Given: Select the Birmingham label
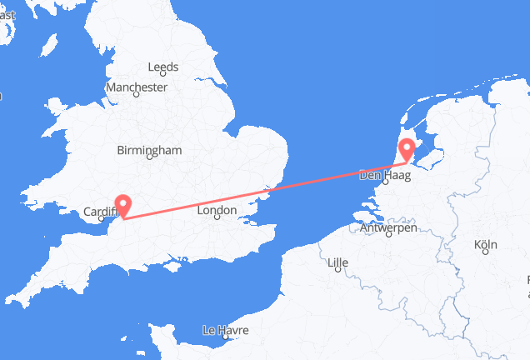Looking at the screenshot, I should pyautogui.click(x=150, y=151).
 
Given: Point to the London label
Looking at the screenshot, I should pyautogui.click(x=218, y=212).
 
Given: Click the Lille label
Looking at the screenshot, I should pyautogui.click(x=337, y=263).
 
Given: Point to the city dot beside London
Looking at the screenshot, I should pyautogui.click(x=218, y=223).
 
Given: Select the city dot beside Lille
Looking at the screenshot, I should pyautogui.click(x=337, y=274).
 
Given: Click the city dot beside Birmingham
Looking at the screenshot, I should pyautogui.click(x=150, y=162).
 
